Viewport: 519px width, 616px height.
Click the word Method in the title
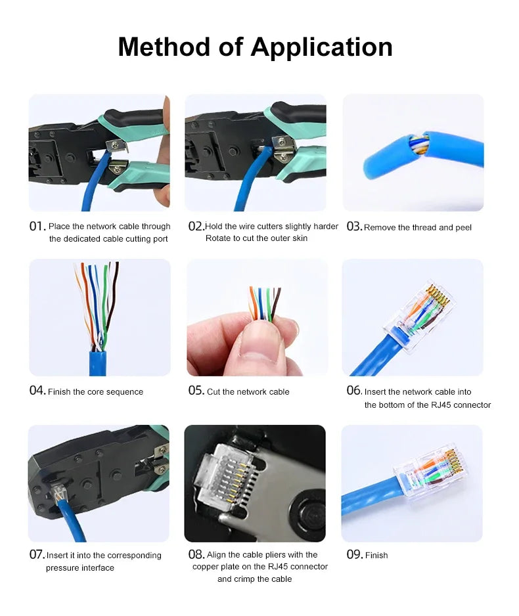[165, 47]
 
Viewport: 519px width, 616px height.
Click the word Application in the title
[321, 48]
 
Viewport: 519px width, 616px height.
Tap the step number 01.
[37, 227]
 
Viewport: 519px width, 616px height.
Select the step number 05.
[196, 391]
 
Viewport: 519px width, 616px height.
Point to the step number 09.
[354, 554]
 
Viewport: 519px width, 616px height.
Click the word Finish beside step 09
[376, 555]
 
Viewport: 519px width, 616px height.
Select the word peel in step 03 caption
[463, 227]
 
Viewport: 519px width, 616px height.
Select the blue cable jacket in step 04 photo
[97, 363]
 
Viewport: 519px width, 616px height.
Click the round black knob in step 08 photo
[309, 514]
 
